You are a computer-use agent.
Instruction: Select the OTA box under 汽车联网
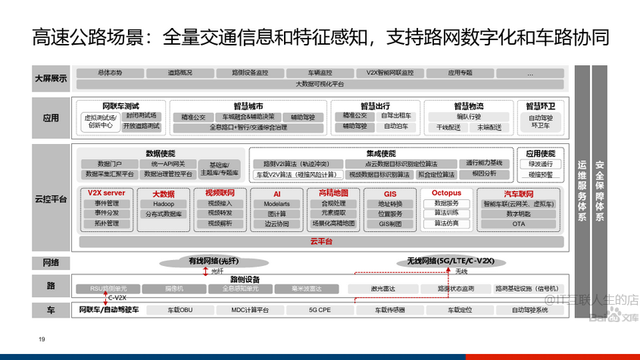click(x=518, y=224)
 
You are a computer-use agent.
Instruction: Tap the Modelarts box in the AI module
click(x=276, y=204)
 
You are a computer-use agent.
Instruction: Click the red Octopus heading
click(x=446, y=193)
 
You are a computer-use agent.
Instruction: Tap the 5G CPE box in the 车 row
click(x=320, y=310)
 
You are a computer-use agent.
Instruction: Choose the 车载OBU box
click(x=180, y=310)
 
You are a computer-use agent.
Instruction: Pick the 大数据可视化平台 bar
click(x=319, y=84)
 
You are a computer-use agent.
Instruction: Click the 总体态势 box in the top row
click(x=109, y=73)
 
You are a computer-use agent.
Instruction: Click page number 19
click(x=42, y=338)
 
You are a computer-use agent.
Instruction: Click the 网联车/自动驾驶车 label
click(x=108, y=310)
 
